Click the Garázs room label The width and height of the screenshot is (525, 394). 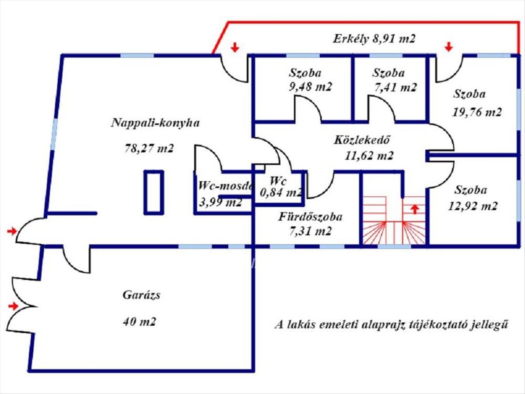pos(141,295)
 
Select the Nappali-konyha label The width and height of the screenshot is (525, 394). pos(155,123)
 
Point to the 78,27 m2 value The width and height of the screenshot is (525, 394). pos(149,148)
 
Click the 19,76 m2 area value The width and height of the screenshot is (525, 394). pos(476,112)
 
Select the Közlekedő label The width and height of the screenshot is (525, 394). pos(362,141)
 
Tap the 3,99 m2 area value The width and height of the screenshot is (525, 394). pos(220,202)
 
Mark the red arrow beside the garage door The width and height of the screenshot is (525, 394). pos(14,306)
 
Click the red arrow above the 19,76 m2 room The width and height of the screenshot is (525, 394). pos(448,46)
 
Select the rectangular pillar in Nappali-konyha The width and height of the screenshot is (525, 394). pos(154,192)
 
